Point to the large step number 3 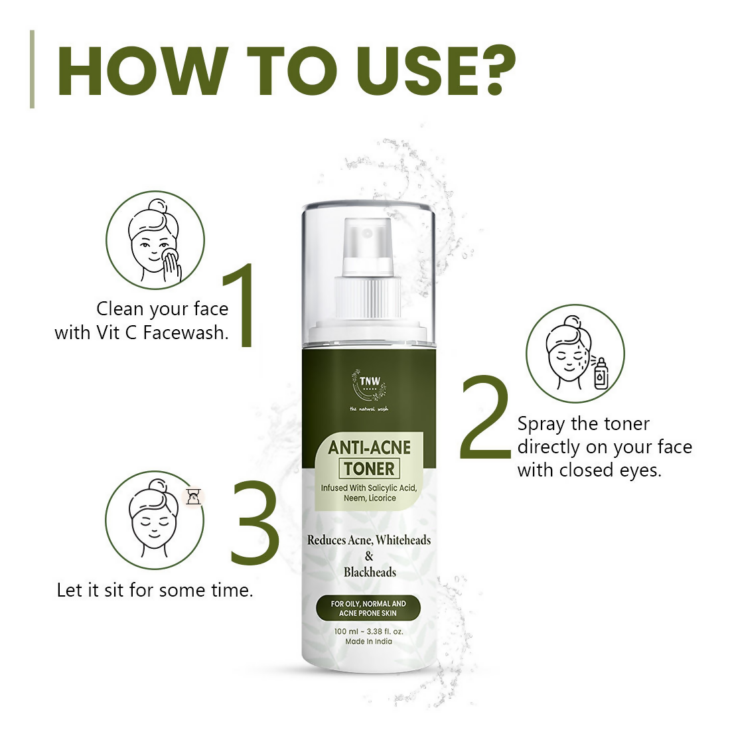(254, 522)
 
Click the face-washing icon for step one (156, 240)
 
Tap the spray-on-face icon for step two (575, 354)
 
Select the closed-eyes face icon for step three (155, 520)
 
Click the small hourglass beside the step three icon (193, 496)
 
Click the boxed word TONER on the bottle (369, 469)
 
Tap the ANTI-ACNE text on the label (369, 447)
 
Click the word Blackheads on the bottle (369, 572)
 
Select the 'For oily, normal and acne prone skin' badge (368, 609)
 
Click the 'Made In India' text (368, 642)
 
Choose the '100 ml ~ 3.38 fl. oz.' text (368, 631)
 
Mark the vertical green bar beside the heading (32, 69)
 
